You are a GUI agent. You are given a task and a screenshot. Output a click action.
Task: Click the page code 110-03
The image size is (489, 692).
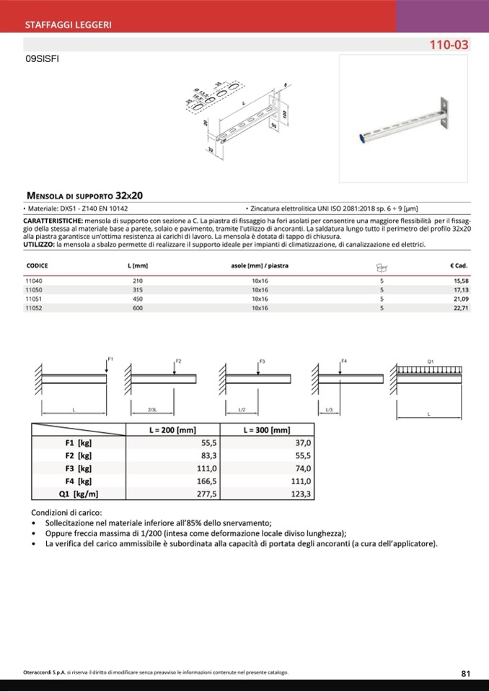[x=449, y=45]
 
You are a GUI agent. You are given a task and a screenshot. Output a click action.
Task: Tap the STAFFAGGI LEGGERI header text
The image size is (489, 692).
[x=68, y=25]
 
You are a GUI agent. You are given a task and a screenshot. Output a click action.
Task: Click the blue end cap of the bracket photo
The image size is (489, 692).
[x=362, y=135]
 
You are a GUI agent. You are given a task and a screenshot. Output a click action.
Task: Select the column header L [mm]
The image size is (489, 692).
[x=137, y=266]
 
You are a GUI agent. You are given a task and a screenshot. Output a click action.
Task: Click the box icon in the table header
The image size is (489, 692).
[x=382, y=266]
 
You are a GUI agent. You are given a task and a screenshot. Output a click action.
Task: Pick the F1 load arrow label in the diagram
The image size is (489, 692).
[x=110, y=359]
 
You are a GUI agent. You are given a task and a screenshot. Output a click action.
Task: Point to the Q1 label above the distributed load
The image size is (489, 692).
[x=431, y=360]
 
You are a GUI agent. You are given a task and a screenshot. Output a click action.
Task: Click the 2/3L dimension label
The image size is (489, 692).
[x=152, y=410]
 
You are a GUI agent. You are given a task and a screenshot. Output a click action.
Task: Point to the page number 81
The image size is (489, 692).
[x=465, y=673]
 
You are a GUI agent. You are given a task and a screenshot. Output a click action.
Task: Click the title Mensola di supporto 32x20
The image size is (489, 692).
[x=85, y=195]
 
